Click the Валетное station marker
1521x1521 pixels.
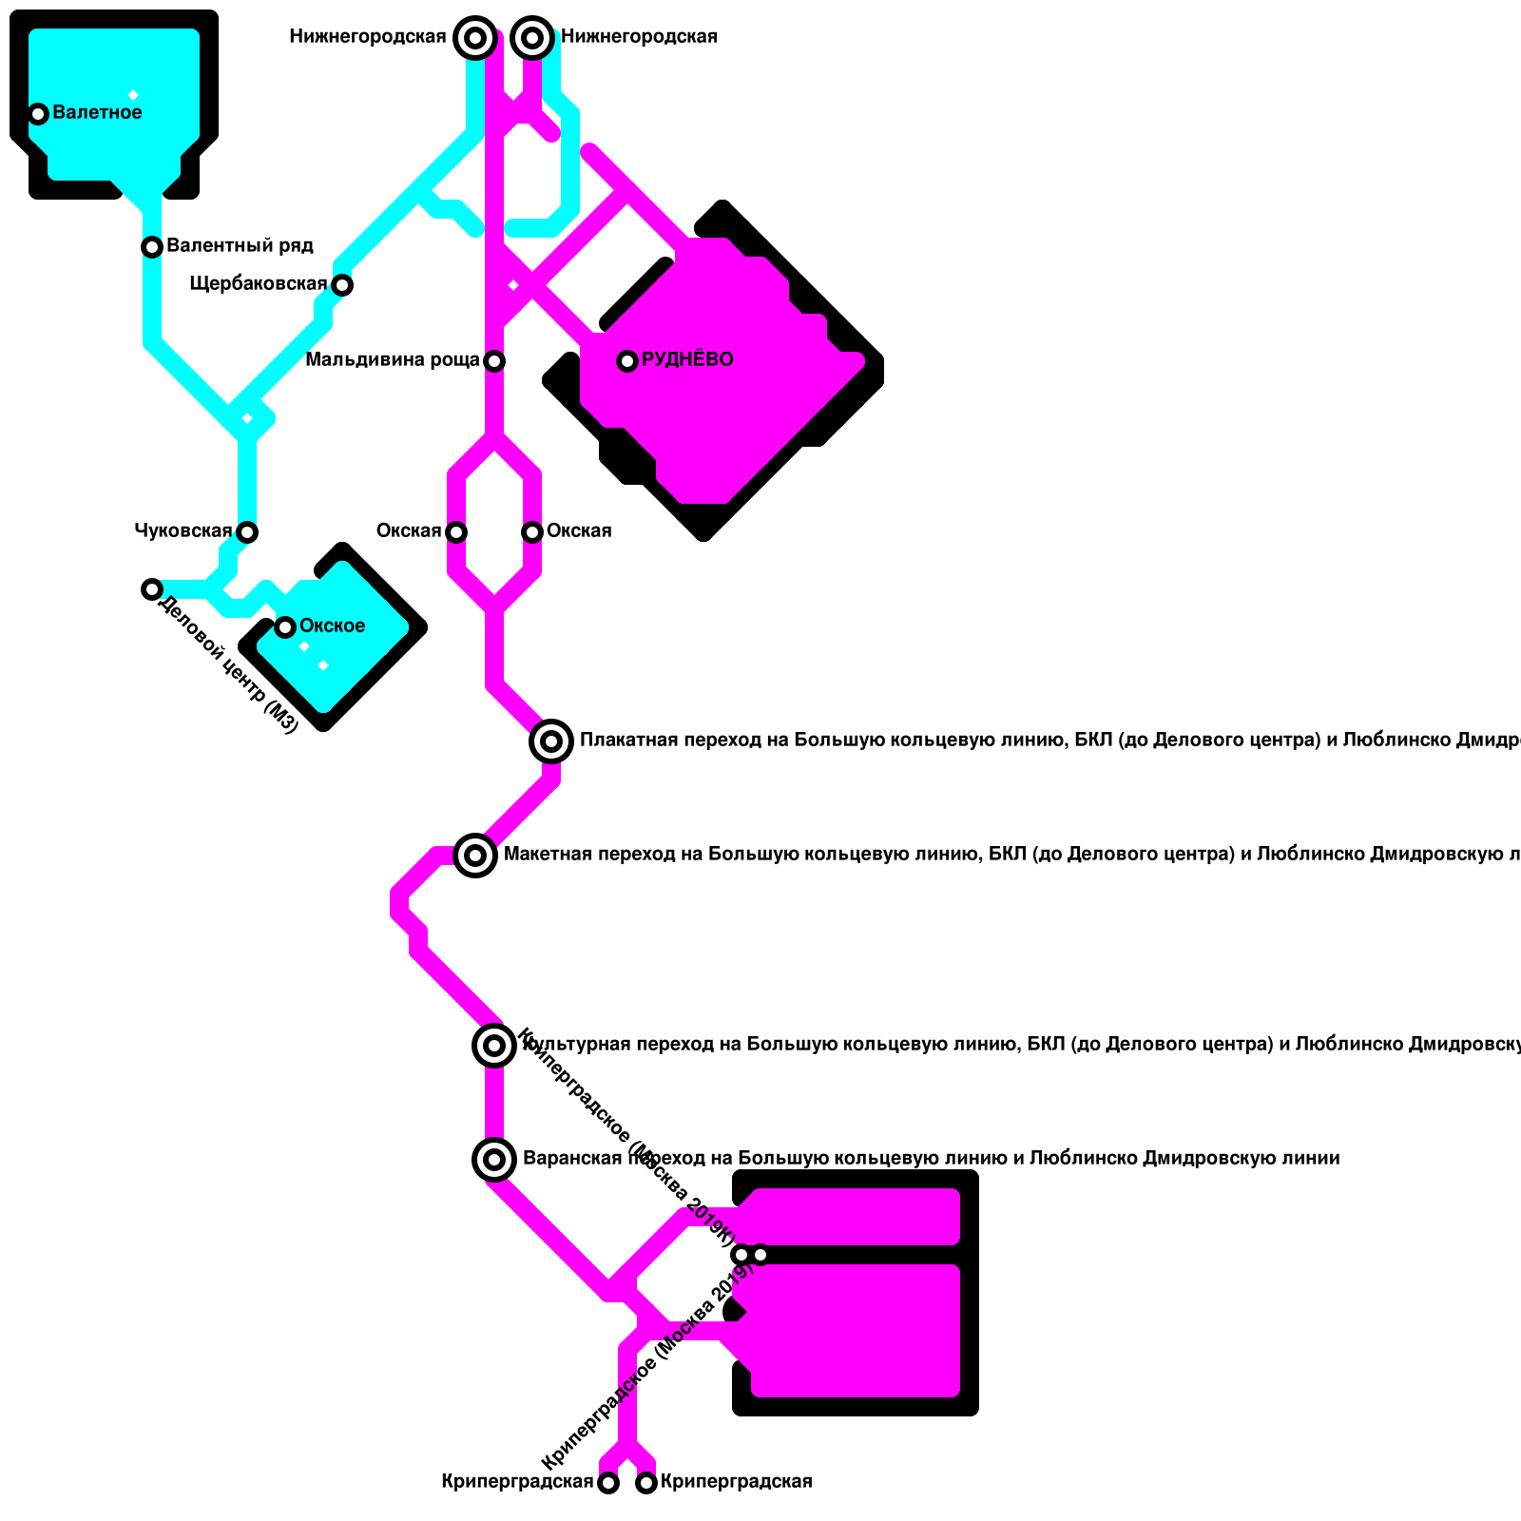[38, 114]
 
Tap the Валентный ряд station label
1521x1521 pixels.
[240, 246]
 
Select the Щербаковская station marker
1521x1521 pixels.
[342, 284]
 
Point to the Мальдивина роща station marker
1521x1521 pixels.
[494, 360]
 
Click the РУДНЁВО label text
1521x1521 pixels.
[687, 359]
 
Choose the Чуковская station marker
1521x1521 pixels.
[247, 531]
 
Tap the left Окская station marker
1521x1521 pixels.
[456, 531]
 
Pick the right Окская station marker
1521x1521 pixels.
[532, 531]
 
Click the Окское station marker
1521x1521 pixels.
[285, 626]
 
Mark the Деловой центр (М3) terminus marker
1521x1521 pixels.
[152, 589]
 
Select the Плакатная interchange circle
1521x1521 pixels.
[551, 741]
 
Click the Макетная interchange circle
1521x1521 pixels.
[475, 856]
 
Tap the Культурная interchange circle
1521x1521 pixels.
[494, 1046]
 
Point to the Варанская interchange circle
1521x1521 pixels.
[494, 1159]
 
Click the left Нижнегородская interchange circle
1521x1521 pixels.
[475, 38]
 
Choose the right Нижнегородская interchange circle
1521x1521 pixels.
[532, 38]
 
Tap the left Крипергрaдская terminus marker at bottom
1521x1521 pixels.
[608, 1483]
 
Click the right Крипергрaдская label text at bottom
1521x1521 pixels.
[736, 1481]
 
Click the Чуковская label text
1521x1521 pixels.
[183, 530]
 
